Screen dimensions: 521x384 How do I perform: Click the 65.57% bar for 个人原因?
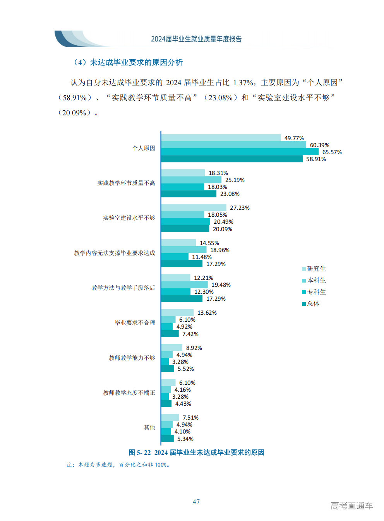click(240, 152)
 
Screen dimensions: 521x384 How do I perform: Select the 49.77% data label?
click(294, 138)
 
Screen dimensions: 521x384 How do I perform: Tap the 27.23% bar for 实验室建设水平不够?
click(194, 208)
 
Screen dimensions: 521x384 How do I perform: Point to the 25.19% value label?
click(235, 180)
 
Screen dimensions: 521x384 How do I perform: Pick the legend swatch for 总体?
click(304, 304)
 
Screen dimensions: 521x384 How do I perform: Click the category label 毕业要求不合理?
click(135, 323)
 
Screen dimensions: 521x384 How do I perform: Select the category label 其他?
click(149, 428)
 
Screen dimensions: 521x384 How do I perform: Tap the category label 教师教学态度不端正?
click(129, 393)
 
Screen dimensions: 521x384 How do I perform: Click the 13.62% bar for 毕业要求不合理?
click(177, 313)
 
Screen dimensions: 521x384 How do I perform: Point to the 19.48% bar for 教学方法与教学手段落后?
click(184, 285)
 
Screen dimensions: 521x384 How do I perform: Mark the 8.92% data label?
click(194, 348)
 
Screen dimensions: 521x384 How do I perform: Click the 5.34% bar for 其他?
click(167, 439)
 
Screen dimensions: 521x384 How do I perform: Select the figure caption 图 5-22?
click(196, 452)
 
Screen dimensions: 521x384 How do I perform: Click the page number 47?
click(196, 502)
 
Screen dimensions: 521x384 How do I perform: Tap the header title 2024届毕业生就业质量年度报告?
click(196, 39)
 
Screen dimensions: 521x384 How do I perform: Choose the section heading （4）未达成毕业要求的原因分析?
click(128, 62)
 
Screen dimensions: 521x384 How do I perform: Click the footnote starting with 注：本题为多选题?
click(118, 465)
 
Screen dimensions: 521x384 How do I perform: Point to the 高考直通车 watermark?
click(351, 506)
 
